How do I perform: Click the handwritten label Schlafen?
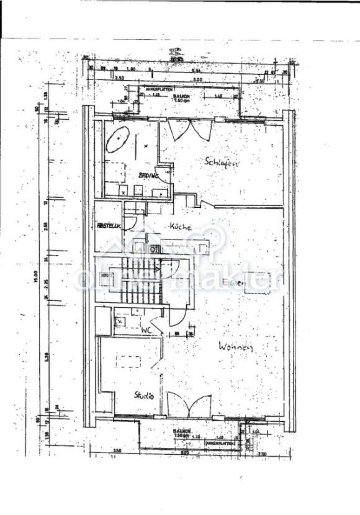(x=222, y=162)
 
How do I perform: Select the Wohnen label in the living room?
(x=235, y=348)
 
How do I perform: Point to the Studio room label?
(x=144, y=395)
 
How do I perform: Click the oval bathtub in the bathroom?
(x=117, y=140)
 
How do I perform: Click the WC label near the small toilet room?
(x=146, y=329)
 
